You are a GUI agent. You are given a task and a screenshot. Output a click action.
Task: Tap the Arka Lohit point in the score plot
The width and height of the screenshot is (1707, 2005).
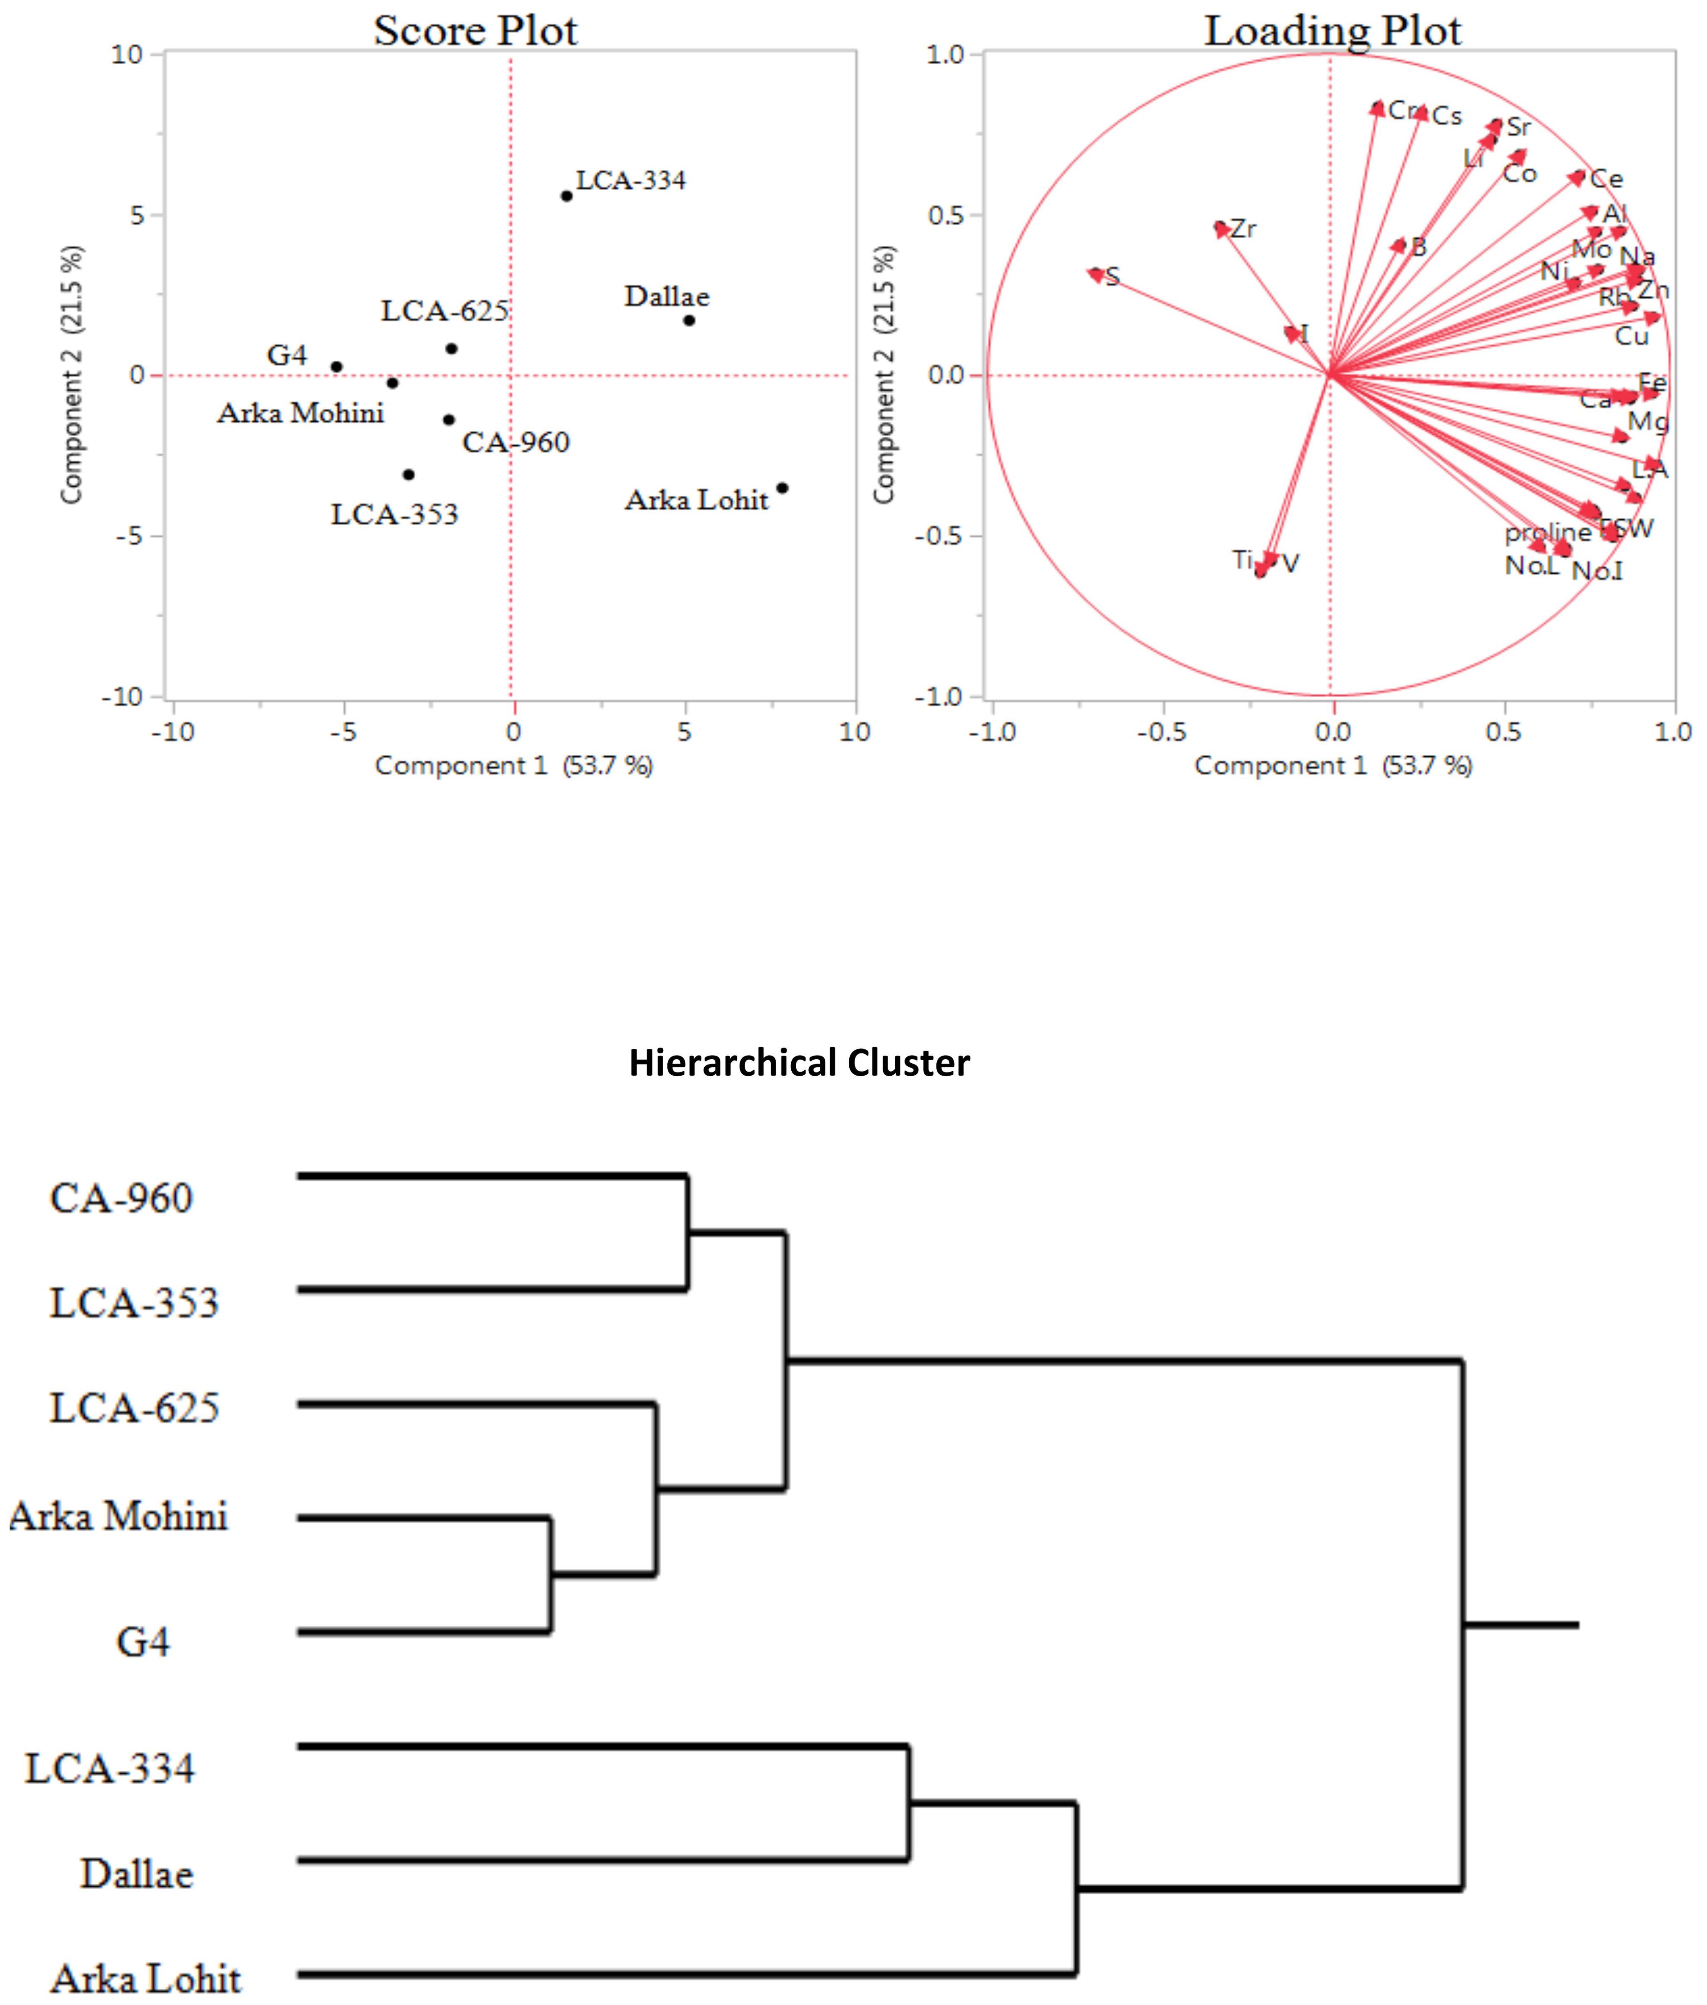782,488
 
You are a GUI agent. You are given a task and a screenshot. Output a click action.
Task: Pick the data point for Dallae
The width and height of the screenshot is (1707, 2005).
689,320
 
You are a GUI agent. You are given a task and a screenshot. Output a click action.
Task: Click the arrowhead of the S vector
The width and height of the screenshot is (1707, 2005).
1095,275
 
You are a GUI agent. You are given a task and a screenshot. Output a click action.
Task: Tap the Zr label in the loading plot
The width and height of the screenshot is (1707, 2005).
1243,229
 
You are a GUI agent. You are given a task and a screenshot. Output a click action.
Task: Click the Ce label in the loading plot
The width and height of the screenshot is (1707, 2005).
1606,179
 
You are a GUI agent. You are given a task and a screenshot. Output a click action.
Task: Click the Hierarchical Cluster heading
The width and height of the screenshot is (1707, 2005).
799,1062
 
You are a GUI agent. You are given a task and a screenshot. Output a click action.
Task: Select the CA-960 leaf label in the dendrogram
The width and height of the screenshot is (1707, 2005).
121,1198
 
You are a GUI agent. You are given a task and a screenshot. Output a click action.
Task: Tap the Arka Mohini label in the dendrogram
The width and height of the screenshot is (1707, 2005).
118,1516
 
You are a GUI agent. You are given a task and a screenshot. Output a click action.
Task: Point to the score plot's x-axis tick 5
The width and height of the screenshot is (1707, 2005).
684,732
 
